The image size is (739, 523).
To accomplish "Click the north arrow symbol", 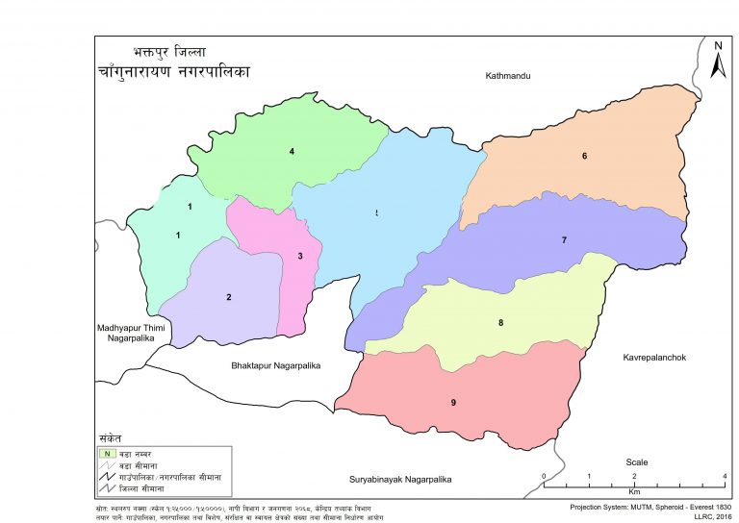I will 717,61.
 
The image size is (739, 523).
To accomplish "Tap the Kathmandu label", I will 509,75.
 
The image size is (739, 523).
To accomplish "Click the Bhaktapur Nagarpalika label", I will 275,366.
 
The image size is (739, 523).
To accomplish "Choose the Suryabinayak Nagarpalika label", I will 401,478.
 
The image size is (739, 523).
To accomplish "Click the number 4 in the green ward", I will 292,151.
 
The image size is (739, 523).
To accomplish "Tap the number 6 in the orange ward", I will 583,156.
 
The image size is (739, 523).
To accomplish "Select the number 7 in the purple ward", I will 564,239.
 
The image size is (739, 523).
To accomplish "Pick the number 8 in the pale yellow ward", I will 500,323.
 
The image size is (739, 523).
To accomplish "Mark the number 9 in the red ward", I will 452,402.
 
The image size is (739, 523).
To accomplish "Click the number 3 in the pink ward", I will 300,256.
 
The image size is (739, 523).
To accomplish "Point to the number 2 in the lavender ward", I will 229,297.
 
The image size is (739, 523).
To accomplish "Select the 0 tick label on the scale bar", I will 545,477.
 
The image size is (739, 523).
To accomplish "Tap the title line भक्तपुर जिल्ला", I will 169,52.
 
